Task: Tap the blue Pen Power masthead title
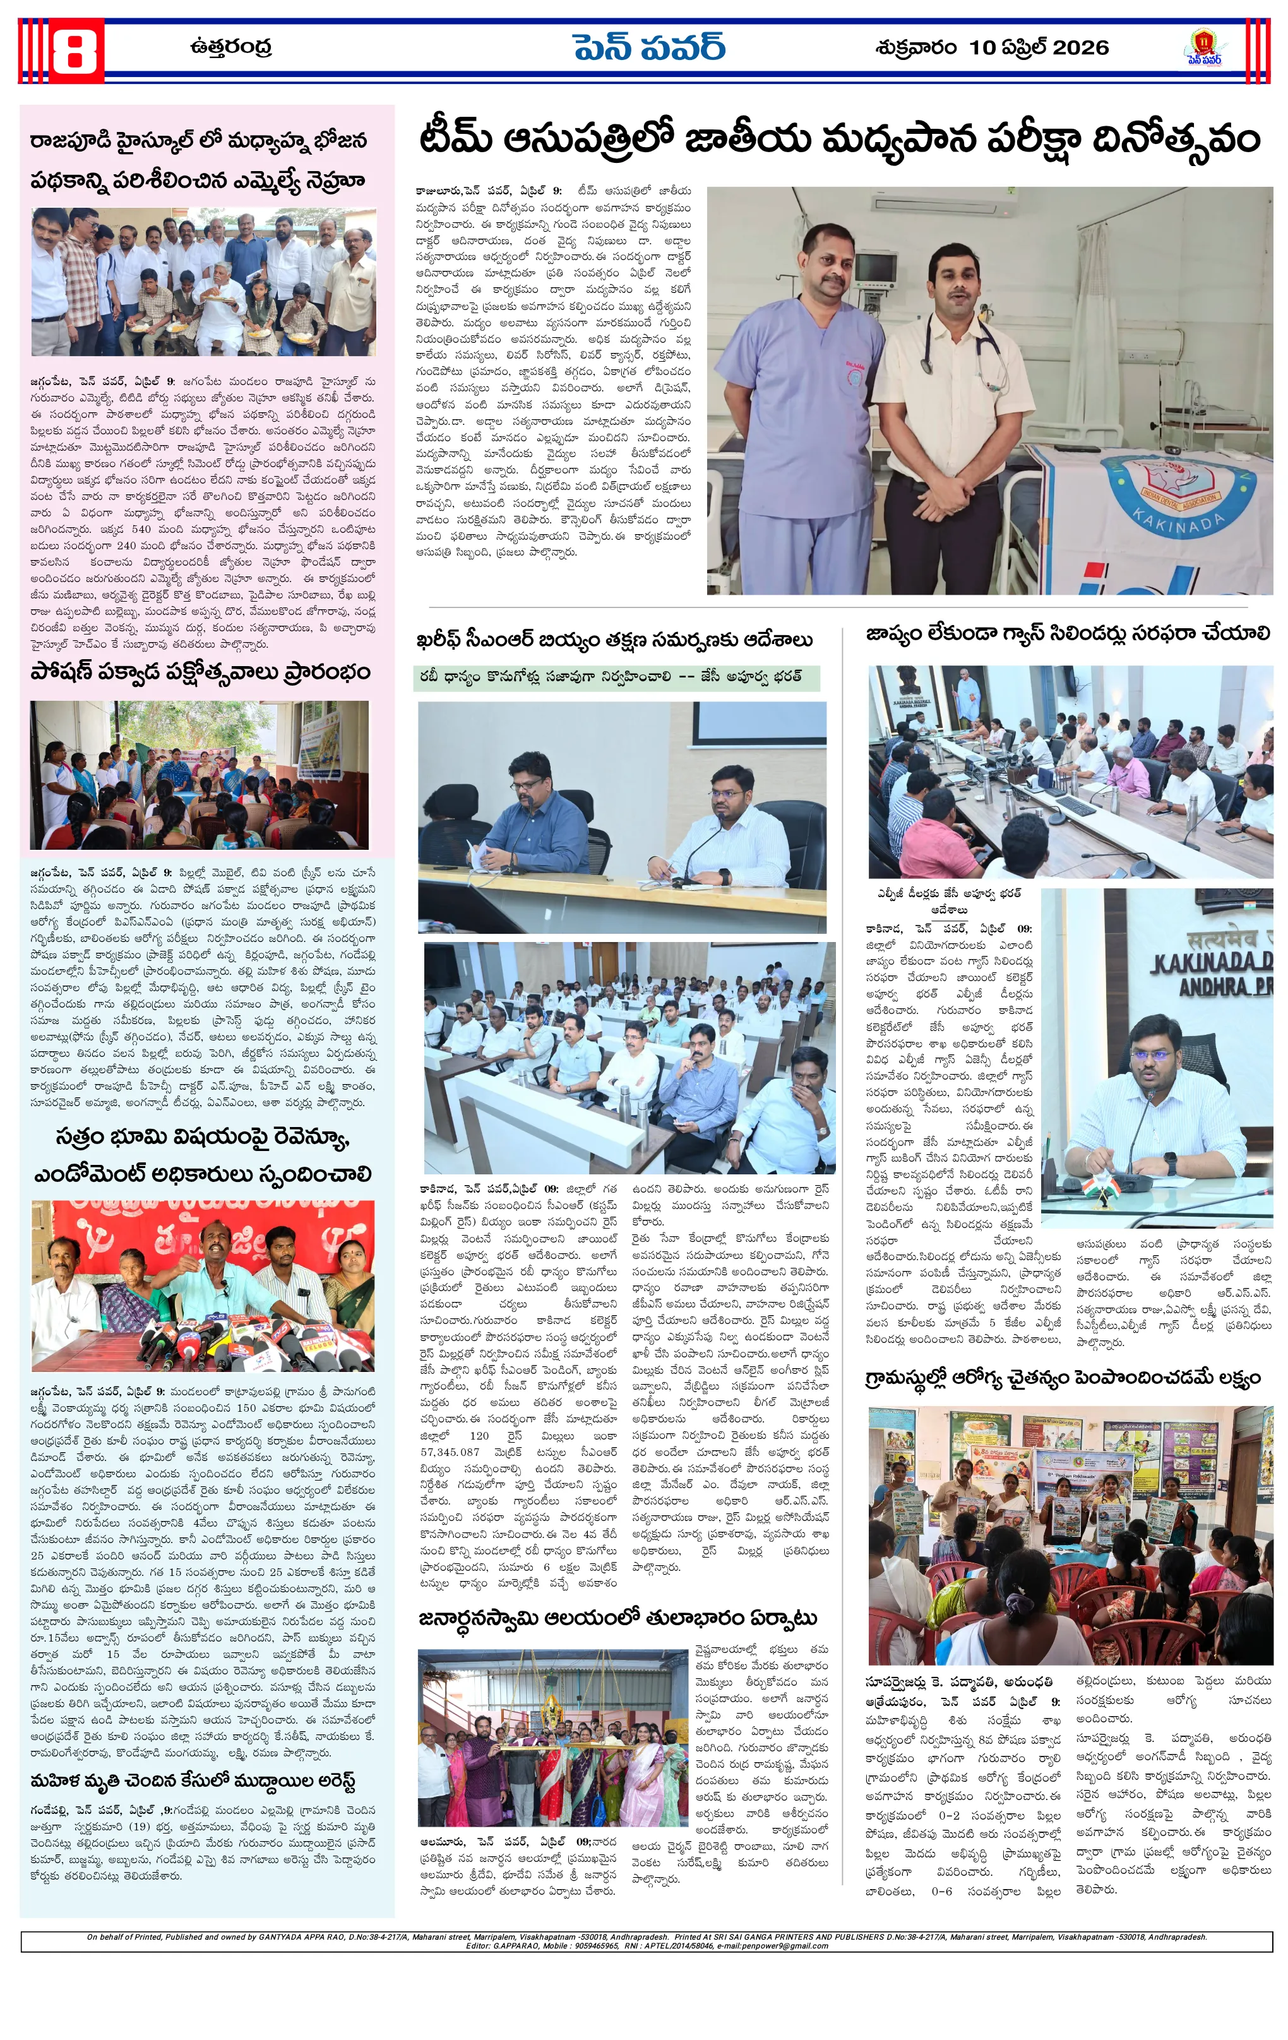pyautogui.click(x=648, y=47)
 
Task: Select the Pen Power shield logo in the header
pyautogui.click(x=1203, y=47)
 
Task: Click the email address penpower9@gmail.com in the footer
pyautogui.click(x=788, y=1946)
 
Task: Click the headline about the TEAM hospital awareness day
pyautogui.click(x=839, y=139)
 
